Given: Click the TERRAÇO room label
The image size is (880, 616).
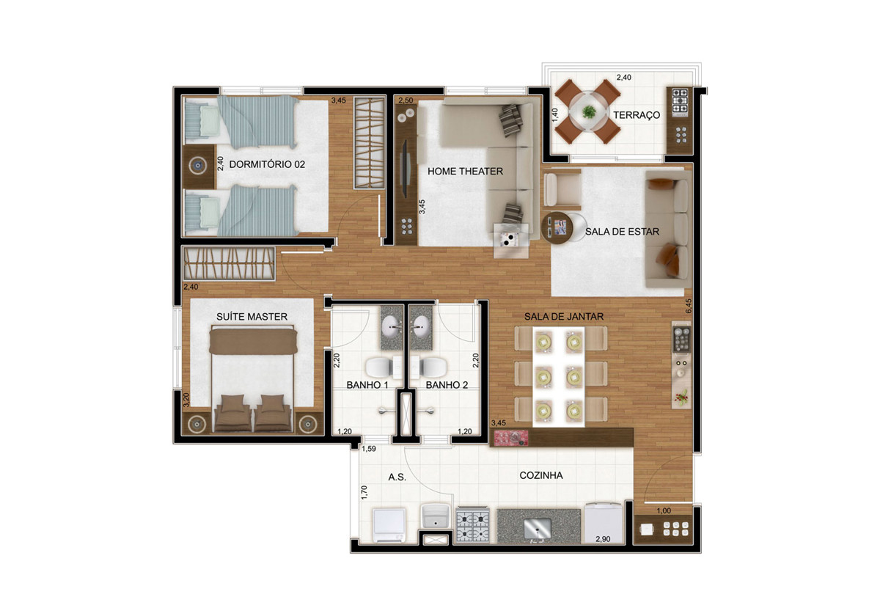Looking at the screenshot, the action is (637, 115).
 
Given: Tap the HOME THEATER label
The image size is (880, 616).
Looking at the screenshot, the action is (465, 172).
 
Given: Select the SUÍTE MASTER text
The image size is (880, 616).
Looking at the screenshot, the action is (252, 317).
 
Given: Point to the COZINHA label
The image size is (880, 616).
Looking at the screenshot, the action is (541, 475).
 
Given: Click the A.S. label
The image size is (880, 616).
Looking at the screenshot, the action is (397, 477).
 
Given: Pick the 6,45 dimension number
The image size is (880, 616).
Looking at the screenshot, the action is (688, 306).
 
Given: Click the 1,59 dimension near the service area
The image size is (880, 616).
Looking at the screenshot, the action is (369, 449).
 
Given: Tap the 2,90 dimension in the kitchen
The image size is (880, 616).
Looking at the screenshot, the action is (603, 539).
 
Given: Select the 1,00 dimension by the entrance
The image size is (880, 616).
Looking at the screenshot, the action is (664, 510).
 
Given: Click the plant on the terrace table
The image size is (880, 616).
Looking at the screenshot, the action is (588, 111).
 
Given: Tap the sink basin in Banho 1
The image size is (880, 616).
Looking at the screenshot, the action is (392, 326).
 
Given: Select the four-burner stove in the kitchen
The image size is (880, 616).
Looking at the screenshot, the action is (472, 527).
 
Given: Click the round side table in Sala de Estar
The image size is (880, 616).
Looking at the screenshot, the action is (557, 227).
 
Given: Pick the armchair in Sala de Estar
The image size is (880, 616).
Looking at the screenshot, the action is (562, 190).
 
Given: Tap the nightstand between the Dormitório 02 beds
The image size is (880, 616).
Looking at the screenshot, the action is (199, 166).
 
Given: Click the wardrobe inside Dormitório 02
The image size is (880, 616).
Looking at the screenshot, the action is (370, 142).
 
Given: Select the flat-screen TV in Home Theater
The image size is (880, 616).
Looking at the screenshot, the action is (405, 169).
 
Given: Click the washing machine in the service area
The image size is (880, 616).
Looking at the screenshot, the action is (389, 526).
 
